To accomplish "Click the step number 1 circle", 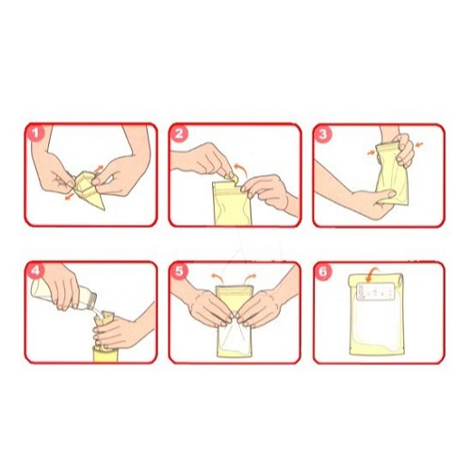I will coord(38,135).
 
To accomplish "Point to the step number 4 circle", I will coord(38,272).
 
